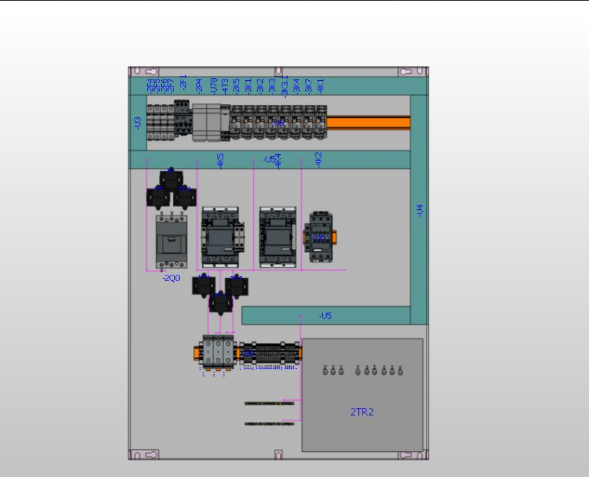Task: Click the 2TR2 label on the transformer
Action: coord(362,412)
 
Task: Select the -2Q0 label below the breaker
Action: coord(171,278)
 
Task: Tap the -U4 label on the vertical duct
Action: coord(420,210)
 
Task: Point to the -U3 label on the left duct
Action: coord(137,123)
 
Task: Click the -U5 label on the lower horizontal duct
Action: coord(326,316)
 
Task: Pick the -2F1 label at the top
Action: coord(184,82)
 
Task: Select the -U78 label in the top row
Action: coord(214,85)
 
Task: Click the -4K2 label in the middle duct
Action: coord(319,160)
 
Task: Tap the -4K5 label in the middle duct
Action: coord(221,161)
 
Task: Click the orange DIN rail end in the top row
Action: coord(368,123)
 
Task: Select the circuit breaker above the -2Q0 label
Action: coord(171,241)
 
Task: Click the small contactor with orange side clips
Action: coord(319,237)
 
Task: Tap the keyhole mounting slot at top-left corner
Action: coord(138,71)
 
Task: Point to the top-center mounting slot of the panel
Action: coord(278,71)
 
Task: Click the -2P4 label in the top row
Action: coord(199,85)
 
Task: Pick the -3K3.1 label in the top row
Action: coord(284,87)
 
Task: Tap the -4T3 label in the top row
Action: coord(225,85)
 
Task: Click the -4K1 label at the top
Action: coord(321,85)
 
